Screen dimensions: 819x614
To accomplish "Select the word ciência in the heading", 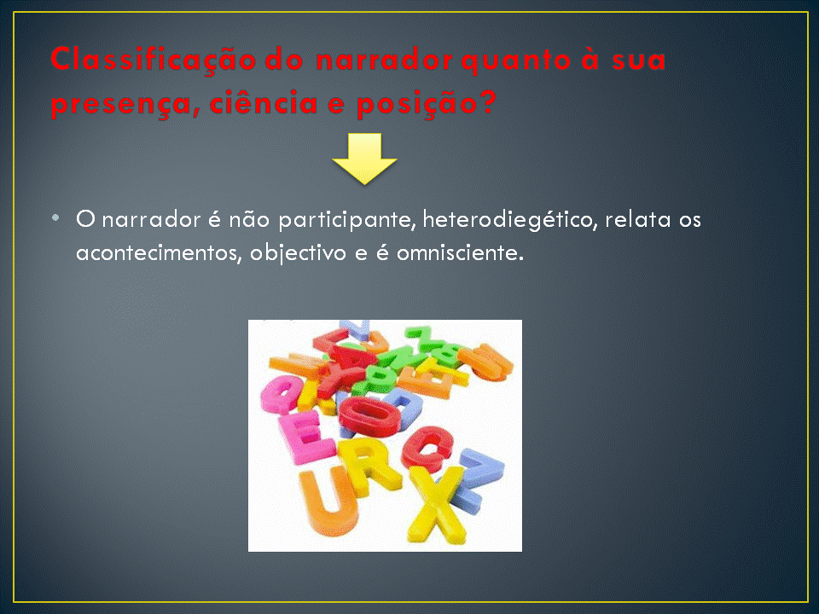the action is point(264,102).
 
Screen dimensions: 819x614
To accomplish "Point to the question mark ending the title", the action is point(488,101).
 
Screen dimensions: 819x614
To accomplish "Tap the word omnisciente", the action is point(460,253).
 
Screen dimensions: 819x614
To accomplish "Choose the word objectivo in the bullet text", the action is point(298,253).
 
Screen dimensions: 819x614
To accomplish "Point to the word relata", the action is point(638,219).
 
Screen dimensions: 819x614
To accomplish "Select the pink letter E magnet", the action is point(305,437).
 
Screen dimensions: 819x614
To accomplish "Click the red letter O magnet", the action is point(369,415).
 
